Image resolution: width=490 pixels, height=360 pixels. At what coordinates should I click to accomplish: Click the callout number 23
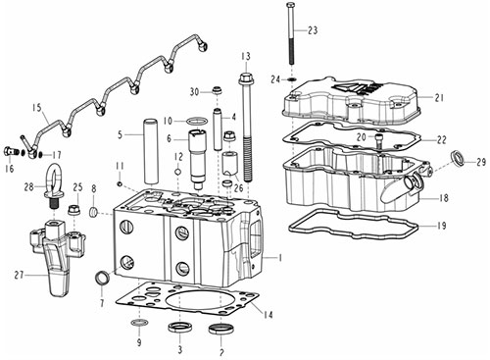[x=313, y=30]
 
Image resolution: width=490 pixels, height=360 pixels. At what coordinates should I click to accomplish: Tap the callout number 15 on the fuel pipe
[x=37, y=108]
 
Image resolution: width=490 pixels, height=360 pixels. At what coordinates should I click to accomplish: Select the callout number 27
[x=20, y=275]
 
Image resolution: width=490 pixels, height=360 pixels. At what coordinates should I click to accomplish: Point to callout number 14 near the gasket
[x=269, y=315]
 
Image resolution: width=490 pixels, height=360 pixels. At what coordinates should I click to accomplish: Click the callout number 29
[x=481, y=162]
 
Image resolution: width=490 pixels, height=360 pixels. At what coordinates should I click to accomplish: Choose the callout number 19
[x=442, y=226]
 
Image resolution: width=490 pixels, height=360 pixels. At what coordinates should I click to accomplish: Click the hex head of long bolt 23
[x=290, y=5]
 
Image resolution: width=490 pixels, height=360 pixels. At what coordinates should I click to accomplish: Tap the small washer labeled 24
[x=292, y=79]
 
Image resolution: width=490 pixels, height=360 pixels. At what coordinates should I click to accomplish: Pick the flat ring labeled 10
[x=197, y=122]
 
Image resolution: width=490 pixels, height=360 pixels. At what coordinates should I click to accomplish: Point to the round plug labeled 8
[x=93, y=213]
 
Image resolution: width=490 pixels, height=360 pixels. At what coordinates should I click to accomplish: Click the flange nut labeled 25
[x=74, y=210]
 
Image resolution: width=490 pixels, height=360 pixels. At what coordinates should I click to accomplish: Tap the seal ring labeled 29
[x=457, y=158]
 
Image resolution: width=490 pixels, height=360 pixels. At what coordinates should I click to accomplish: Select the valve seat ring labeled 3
[x=178, y=328]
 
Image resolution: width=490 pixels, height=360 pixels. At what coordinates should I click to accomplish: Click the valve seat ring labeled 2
[x=221, y=329]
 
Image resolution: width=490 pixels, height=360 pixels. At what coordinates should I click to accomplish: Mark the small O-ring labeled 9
[x=139, y=324]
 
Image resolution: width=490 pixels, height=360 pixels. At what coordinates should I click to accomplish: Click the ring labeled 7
[x=103, y=278]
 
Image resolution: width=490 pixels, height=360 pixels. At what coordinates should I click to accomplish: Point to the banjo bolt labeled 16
[x=11, y=151]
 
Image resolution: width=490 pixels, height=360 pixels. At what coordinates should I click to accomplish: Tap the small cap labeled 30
[x=217, y=90]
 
